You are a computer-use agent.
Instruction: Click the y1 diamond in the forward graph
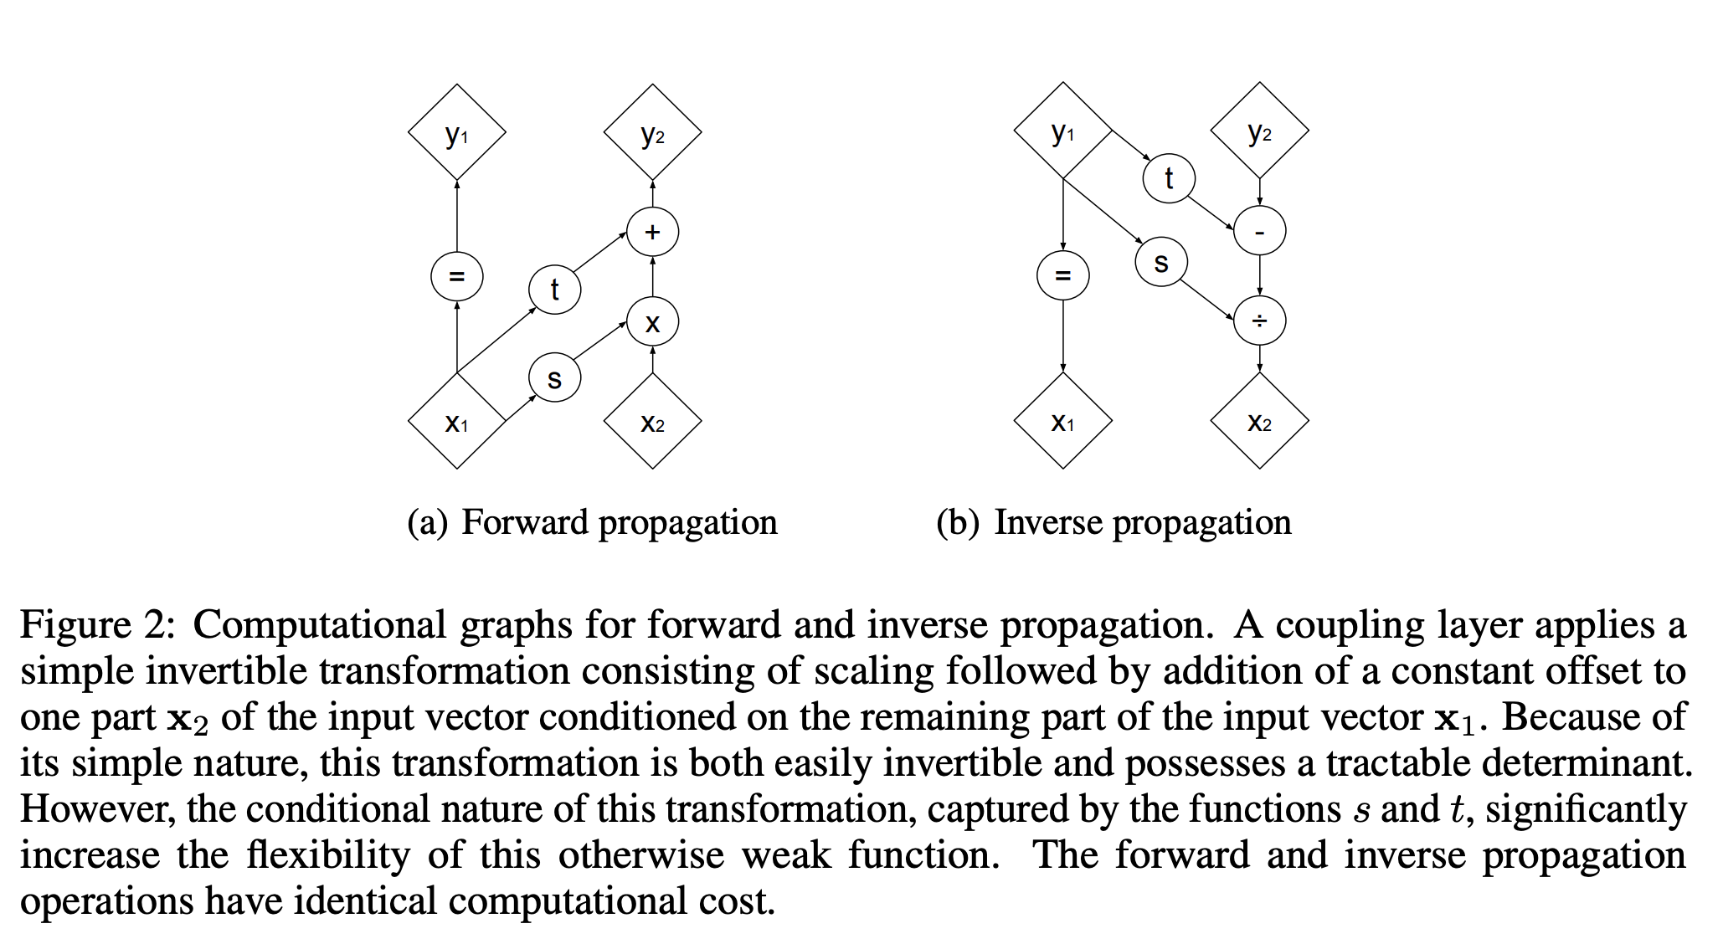pyautogui.click(x=456, y=132)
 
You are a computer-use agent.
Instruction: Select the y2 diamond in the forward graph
pyautogui.click(x=652, y=132)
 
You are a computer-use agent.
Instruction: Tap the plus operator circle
pyautogui.click(x=652, y=232)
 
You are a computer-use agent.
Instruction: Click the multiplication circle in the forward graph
pyautogui.click(x=652, y=322)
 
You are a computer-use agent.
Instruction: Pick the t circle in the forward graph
pyautogui.click(x=554, y=290)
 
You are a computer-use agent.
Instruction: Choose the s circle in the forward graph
pyautogui.click(x=554, y=378)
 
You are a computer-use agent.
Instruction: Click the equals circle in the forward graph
pyautogui.click(x=456, y=275)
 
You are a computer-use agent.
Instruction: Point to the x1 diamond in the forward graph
pyautogui.click(x=456, y=421)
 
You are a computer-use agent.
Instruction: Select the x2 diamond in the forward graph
pyautogui.click(x=652, y=421)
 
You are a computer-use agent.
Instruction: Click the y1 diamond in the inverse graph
pyautogui.click(x=1062, y=131)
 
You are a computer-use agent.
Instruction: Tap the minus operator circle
pyautogui.click(x=1259, y=231)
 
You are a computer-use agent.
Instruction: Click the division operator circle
pyautogui.click(x=1259, y=321)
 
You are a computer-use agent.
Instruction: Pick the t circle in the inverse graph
pyautogui.click(x=1169, y=177)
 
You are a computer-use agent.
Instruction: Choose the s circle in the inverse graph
pyautogui.click(x=1160, y=263)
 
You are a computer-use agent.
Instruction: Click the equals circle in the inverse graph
pyautogui.click(x=1062, y=275)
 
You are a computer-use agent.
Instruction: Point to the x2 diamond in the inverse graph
pyautogui.click(x=1259, y=421)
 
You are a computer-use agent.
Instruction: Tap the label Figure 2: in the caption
pyautogui.click(x=98, y=625)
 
